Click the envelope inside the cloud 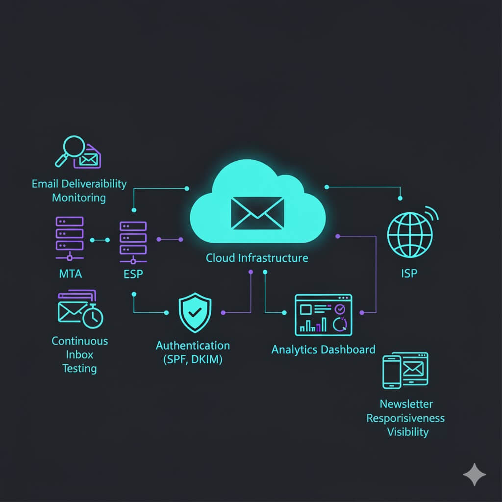point(257,213)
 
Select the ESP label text point(133,274)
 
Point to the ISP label point(409,273)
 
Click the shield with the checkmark point(195,312)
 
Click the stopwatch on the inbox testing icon point(93,317)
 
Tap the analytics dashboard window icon point(323,315)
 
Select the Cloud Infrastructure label point(257,257)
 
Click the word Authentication point(193,346)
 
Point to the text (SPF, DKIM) point(193,359)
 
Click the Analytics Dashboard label point(323,350)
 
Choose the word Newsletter point(406,404)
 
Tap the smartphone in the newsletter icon point(392,372)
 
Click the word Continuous point(80,341)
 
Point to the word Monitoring point(79,198)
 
